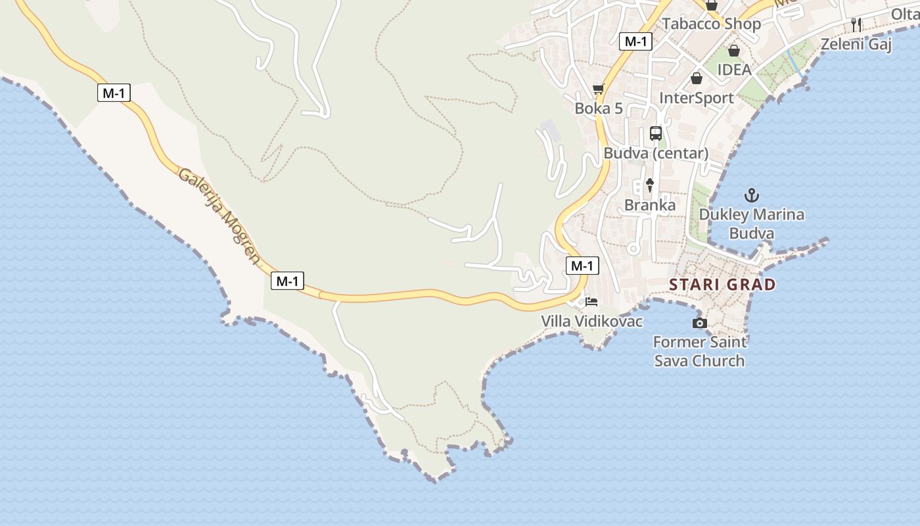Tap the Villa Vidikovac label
(591, 321)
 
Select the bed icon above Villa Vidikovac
(591, 302)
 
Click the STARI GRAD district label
(722, 285)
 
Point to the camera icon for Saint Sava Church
(700, 323)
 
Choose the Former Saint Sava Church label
(700, 351)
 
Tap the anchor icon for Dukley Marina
(751, 195)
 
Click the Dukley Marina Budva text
(751, 224)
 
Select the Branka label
(649, 205)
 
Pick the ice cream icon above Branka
(650, 185)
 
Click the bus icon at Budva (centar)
(656, 133)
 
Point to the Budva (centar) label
(656, 153)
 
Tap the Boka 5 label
(598, 108)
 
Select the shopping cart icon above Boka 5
(598, 89)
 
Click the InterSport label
(696, 98)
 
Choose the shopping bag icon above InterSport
(697, 79)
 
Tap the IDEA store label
(733, 70)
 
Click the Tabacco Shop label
(711, 24)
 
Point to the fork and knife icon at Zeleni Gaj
(856, 25)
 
